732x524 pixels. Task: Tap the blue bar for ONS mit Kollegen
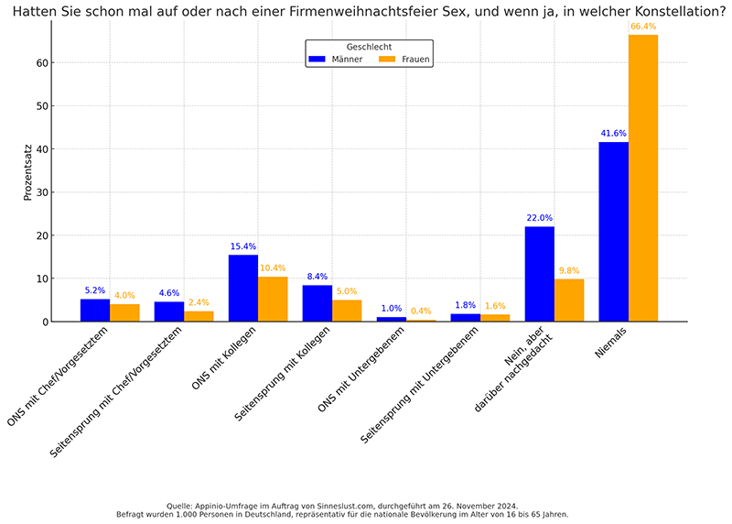coord(242,288)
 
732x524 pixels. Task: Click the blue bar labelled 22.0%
coord(539,274)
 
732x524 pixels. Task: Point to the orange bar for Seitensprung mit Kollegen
coord(347,311)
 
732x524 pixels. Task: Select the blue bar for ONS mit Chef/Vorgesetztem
coord(95,311)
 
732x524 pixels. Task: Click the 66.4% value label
coord(643,27)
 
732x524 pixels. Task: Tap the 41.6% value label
coord(613,133)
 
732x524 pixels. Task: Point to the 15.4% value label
coord(242,246)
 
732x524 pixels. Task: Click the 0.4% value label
coord(421,311)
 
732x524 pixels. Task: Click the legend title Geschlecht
coord(369,46)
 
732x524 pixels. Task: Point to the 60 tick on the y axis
coord(42,63)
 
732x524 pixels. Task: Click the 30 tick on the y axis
coord(42,192)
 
